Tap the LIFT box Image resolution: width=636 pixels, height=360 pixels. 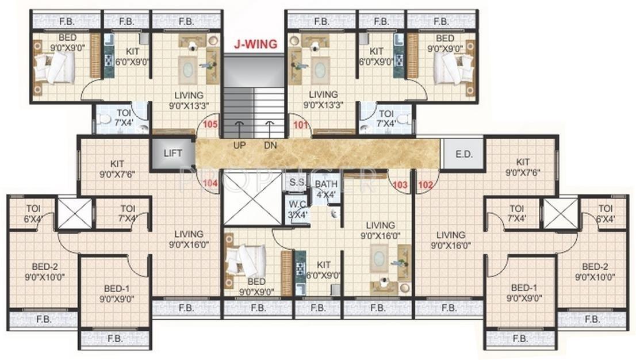coord(173,154)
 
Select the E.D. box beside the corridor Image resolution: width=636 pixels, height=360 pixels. coord(463,154)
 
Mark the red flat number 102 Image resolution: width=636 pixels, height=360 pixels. coord(426,185)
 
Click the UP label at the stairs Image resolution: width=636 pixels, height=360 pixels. coord(240,145)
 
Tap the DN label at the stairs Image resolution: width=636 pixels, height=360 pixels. coord(270,145)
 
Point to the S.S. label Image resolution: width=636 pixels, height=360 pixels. coord(297,182)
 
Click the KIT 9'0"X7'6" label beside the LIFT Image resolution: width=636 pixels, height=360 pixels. coord(120,167)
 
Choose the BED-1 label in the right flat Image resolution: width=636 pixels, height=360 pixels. coord(523,293)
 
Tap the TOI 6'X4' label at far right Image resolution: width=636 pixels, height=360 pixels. coord(604,213)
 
